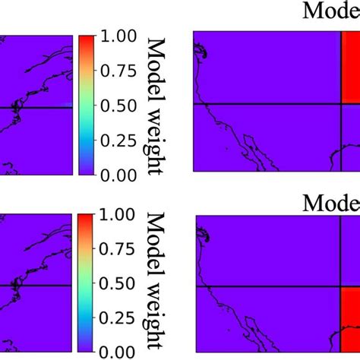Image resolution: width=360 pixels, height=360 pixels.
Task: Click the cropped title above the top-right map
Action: tap(330, 11)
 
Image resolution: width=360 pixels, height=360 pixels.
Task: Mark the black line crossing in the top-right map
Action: tap(339, 103)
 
